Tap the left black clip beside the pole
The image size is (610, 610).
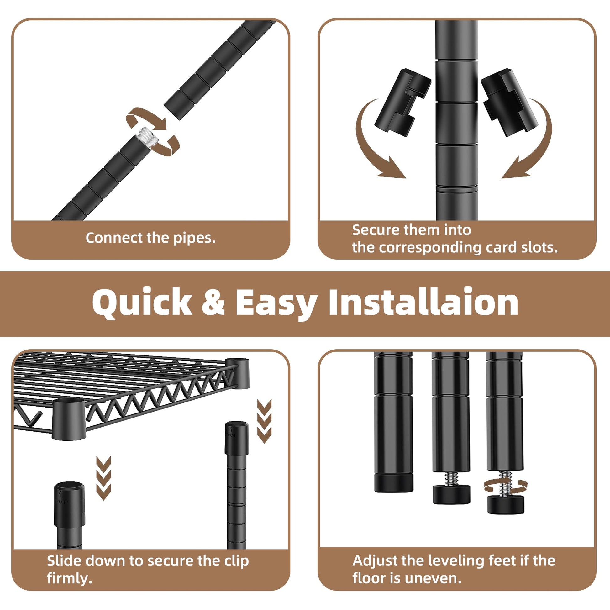[x=403, y=102]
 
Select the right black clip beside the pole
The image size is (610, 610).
[x=509, y=102]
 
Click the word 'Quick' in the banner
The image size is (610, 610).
[x=142, y=302]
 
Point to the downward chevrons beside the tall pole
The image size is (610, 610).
[x=264, y=421]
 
